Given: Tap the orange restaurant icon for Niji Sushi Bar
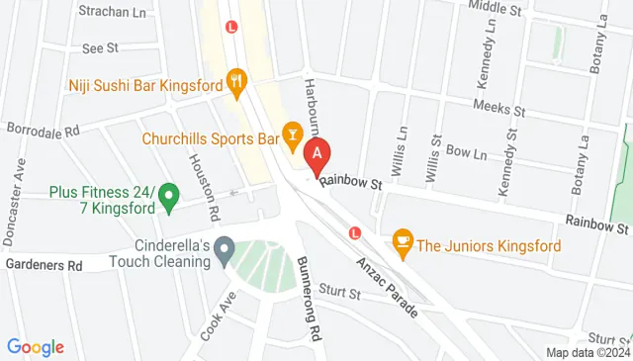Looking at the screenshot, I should pos(235,78).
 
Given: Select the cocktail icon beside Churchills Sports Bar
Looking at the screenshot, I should pos(292,132).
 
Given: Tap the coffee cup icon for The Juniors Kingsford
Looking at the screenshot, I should pos(402,239).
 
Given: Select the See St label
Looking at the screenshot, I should pos(101,46).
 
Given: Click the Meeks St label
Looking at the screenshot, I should pos(498,106).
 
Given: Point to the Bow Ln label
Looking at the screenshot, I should pos(467,153).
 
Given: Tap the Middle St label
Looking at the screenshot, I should pos(495,8).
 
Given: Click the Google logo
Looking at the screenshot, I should pos(36,347).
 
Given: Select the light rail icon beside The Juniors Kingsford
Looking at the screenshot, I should pos(356,232).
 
